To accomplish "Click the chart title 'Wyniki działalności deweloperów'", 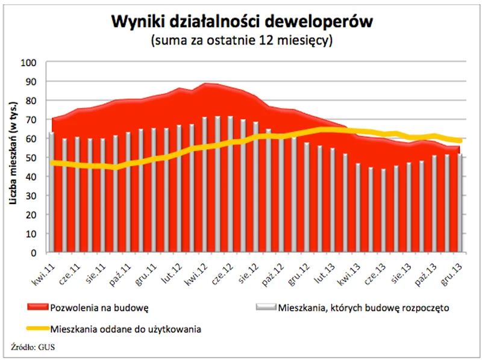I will (242, 22).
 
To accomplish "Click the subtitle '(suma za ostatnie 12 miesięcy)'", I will (242, 41).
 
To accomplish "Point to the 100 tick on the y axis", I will (28, 62).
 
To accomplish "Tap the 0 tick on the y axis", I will (34, 252).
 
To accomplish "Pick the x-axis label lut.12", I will (172, 271).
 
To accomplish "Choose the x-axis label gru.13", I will (452, 271).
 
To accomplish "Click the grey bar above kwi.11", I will (52, 193).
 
